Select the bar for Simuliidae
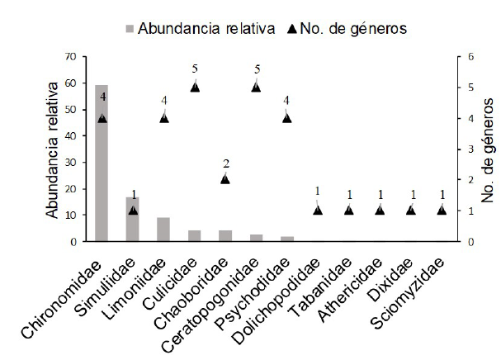[x=132, y=219]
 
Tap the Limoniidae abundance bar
[x=163, y=230]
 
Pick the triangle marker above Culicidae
[x=195, y=87]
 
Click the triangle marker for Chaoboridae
[x=225, y=178]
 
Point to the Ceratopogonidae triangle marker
[x=256, y=87]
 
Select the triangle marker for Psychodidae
[x=287, y=117]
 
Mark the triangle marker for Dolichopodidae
[x=318, y=210]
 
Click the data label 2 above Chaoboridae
[x=225, y=163]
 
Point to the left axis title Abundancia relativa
[x=54, y=149]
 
